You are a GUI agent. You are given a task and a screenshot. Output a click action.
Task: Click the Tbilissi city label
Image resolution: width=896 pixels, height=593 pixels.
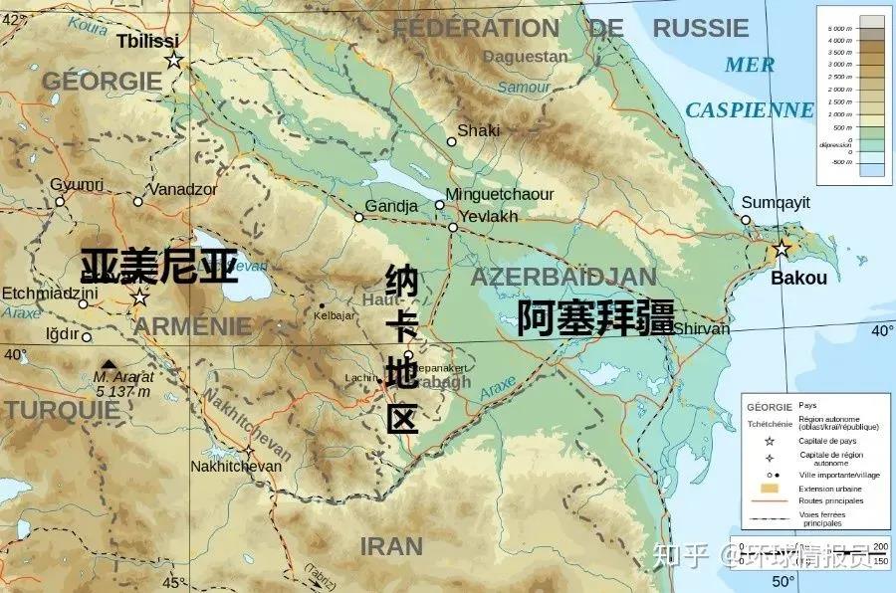pos(147,41)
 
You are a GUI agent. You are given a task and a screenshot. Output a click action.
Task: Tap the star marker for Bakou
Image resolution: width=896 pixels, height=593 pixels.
pos(783,249)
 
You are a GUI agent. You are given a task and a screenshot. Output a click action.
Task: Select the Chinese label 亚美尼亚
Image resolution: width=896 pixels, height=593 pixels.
pos(159,266)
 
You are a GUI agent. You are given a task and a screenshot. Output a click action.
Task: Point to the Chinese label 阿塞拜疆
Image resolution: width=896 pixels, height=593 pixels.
pos(595,317)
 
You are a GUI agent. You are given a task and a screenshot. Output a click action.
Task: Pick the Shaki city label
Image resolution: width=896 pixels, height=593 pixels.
pos(478,130)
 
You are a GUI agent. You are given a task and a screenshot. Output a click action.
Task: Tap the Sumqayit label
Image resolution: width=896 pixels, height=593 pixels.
pos(777,202)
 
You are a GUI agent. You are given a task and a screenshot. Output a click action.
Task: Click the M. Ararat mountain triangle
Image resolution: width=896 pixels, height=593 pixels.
pos(108,364)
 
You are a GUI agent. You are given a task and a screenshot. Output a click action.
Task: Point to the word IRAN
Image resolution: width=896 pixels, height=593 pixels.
pos(391,546)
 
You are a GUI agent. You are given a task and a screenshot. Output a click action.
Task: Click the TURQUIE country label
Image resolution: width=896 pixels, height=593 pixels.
pos(47,409)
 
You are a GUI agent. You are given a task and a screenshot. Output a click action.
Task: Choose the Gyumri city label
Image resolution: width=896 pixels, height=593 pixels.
pos(77,185)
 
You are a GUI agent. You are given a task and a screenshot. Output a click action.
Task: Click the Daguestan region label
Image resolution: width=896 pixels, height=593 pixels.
pos(525,57)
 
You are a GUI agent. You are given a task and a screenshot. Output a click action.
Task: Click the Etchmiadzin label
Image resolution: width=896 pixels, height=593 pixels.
pos(49,294)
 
